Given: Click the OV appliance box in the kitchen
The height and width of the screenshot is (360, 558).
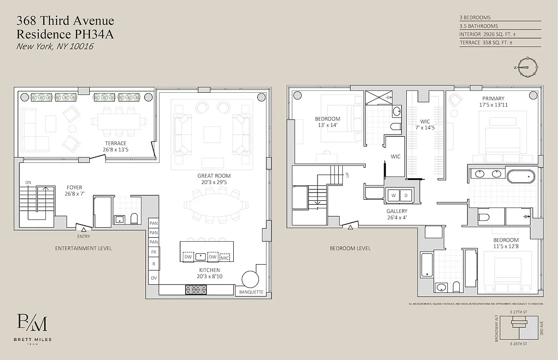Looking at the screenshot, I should tap(154, 278).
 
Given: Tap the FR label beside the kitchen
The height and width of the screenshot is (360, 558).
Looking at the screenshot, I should tap(154, 252).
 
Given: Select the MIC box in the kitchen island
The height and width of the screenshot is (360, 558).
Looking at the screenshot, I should tap(224, 257).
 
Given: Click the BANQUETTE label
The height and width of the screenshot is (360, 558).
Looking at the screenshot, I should tap(251, 292).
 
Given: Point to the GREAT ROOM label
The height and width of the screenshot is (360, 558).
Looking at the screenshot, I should tap(214, 179).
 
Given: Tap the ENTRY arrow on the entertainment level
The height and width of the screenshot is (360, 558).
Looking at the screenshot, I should tap(84, 229).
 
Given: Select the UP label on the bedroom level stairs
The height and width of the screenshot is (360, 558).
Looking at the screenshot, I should tap(347, 175).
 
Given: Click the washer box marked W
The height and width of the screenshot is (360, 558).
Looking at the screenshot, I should tap(394, 196).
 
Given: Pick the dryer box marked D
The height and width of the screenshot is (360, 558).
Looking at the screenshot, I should tap(406, 196).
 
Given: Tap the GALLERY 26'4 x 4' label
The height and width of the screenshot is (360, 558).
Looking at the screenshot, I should tap(397, 214).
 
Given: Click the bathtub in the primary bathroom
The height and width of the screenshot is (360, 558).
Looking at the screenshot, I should tap(521, 176).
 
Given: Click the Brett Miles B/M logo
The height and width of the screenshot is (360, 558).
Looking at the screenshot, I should tap(32, 324).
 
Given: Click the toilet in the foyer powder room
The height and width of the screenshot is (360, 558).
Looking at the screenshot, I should tap(134, 218).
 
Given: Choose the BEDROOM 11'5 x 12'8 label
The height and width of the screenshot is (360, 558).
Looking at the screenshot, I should tap(505, 243).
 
